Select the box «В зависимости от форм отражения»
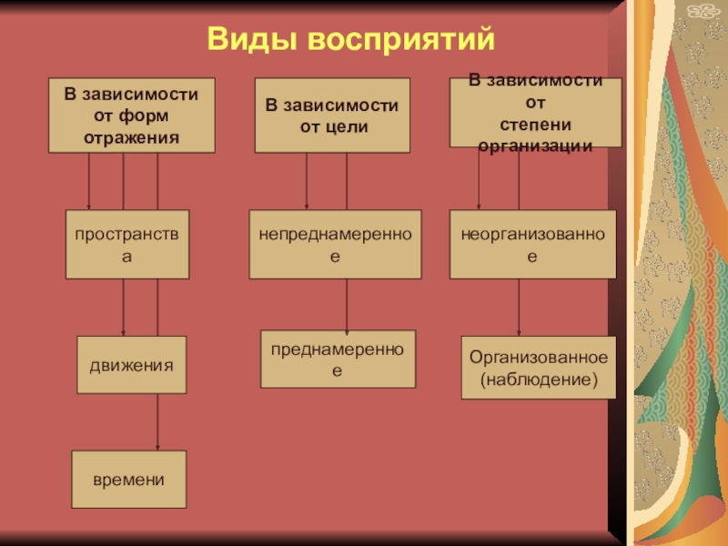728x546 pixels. point(132,115)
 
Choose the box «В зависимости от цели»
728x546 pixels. point(332,116)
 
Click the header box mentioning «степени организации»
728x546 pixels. point(536,113)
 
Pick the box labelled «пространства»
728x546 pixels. point(127,244)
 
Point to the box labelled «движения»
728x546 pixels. point(131,365)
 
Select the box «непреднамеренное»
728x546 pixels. point(335,244)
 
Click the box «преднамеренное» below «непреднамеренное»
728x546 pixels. point(338,359)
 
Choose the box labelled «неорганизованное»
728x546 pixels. point(532,244)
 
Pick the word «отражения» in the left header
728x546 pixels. point(132,136)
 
